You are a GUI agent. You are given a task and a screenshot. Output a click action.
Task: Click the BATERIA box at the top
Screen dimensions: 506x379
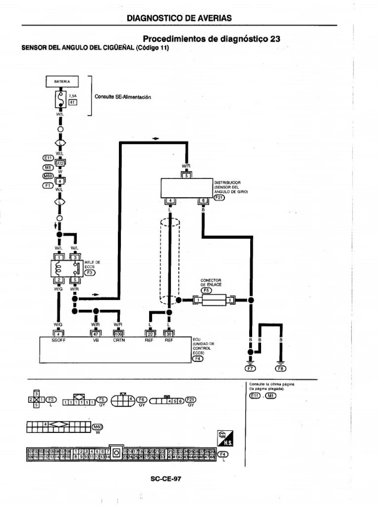(62, 81)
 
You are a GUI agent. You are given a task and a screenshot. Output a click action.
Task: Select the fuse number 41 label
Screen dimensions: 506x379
(72, 102)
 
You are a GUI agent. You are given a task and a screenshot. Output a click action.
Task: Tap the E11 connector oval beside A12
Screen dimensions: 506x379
(49, 158)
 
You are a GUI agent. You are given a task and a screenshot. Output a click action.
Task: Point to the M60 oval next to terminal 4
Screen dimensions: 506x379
(48, 176)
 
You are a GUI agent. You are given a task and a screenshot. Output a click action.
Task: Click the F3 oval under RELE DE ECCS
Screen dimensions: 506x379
(91, 272)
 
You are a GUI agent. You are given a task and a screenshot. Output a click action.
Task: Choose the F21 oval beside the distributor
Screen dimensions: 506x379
(219, 198)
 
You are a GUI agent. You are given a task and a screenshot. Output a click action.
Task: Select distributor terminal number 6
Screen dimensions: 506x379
(203, 201)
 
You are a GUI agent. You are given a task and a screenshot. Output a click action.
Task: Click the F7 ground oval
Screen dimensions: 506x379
(250, 368)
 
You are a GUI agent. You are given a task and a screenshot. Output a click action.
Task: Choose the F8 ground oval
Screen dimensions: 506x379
(281, 368)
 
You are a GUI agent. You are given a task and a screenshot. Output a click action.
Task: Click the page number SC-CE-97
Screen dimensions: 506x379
(167, 478)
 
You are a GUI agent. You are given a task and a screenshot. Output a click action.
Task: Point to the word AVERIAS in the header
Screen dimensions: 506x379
(214, 18)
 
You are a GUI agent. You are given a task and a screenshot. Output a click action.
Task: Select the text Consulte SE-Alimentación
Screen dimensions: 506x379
(122, 97)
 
